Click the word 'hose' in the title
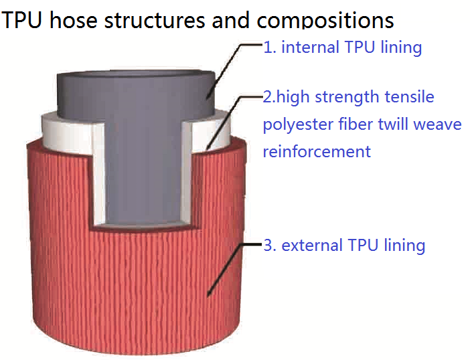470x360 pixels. pos(74,20)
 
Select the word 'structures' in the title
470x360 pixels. pos(155,20)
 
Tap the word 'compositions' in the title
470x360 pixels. pos(325,21)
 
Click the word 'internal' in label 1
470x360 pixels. pos(310,47)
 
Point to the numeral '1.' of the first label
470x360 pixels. pos(269,48)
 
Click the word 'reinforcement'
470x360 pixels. pos(317,151)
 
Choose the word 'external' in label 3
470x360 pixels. pos(312,245)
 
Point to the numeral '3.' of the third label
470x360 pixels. pos(269,246)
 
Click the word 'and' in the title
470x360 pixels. pos(231,20)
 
